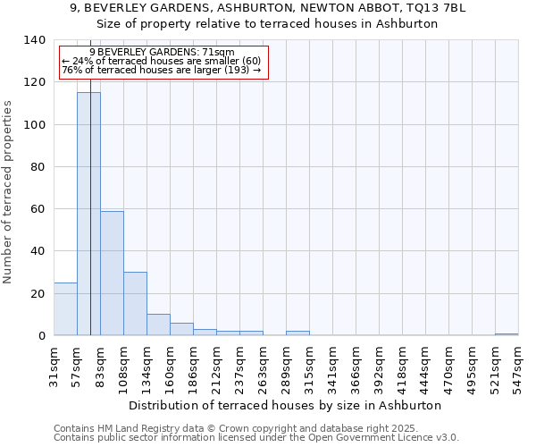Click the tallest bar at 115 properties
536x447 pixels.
click(88, 215)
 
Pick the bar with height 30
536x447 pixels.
click(135, 304)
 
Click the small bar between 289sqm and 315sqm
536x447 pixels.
click(297, 333)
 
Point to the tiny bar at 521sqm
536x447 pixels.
click(507, 334)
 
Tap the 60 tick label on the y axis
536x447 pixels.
click(37, 209)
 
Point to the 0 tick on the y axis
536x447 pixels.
click(40, 336)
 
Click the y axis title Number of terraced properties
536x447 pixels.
click(9, 191)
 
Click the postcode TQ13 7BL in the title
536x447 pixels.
click(440, 8)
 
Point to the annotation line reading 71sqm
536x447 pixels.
click(163, 52)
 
